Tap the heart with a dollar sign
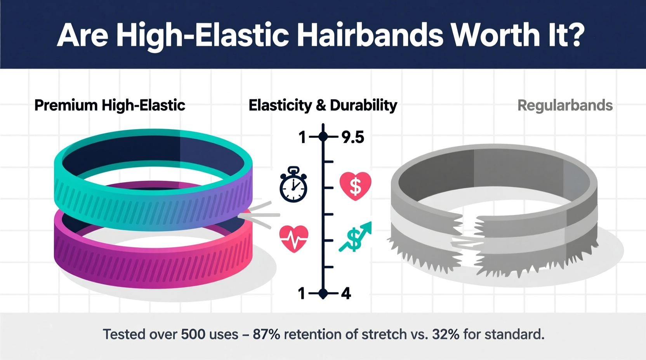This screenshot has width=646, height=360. pos(355,186)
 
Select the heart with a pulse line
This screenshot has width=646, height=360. pos(294,239)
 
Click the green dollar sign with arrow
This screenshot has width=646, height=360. pos(355,237)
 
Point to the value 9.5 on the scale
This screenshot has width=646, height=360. pos(353,137)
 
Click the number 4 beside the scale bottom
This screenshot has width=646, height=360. pos(346,294)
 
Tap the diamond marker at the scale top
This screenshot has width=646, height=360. pos(323,137)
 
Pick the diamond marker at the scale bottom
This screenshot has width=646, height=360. pos(323,294)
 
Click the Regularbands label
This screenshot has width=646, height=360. pos(565,106)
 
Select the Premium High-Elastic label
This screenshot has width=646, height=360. pos(110,106)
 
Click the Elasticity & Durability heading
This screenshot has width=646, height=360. pos(323,106)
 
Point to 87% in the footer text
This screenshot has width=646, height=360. pos(266,334)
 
